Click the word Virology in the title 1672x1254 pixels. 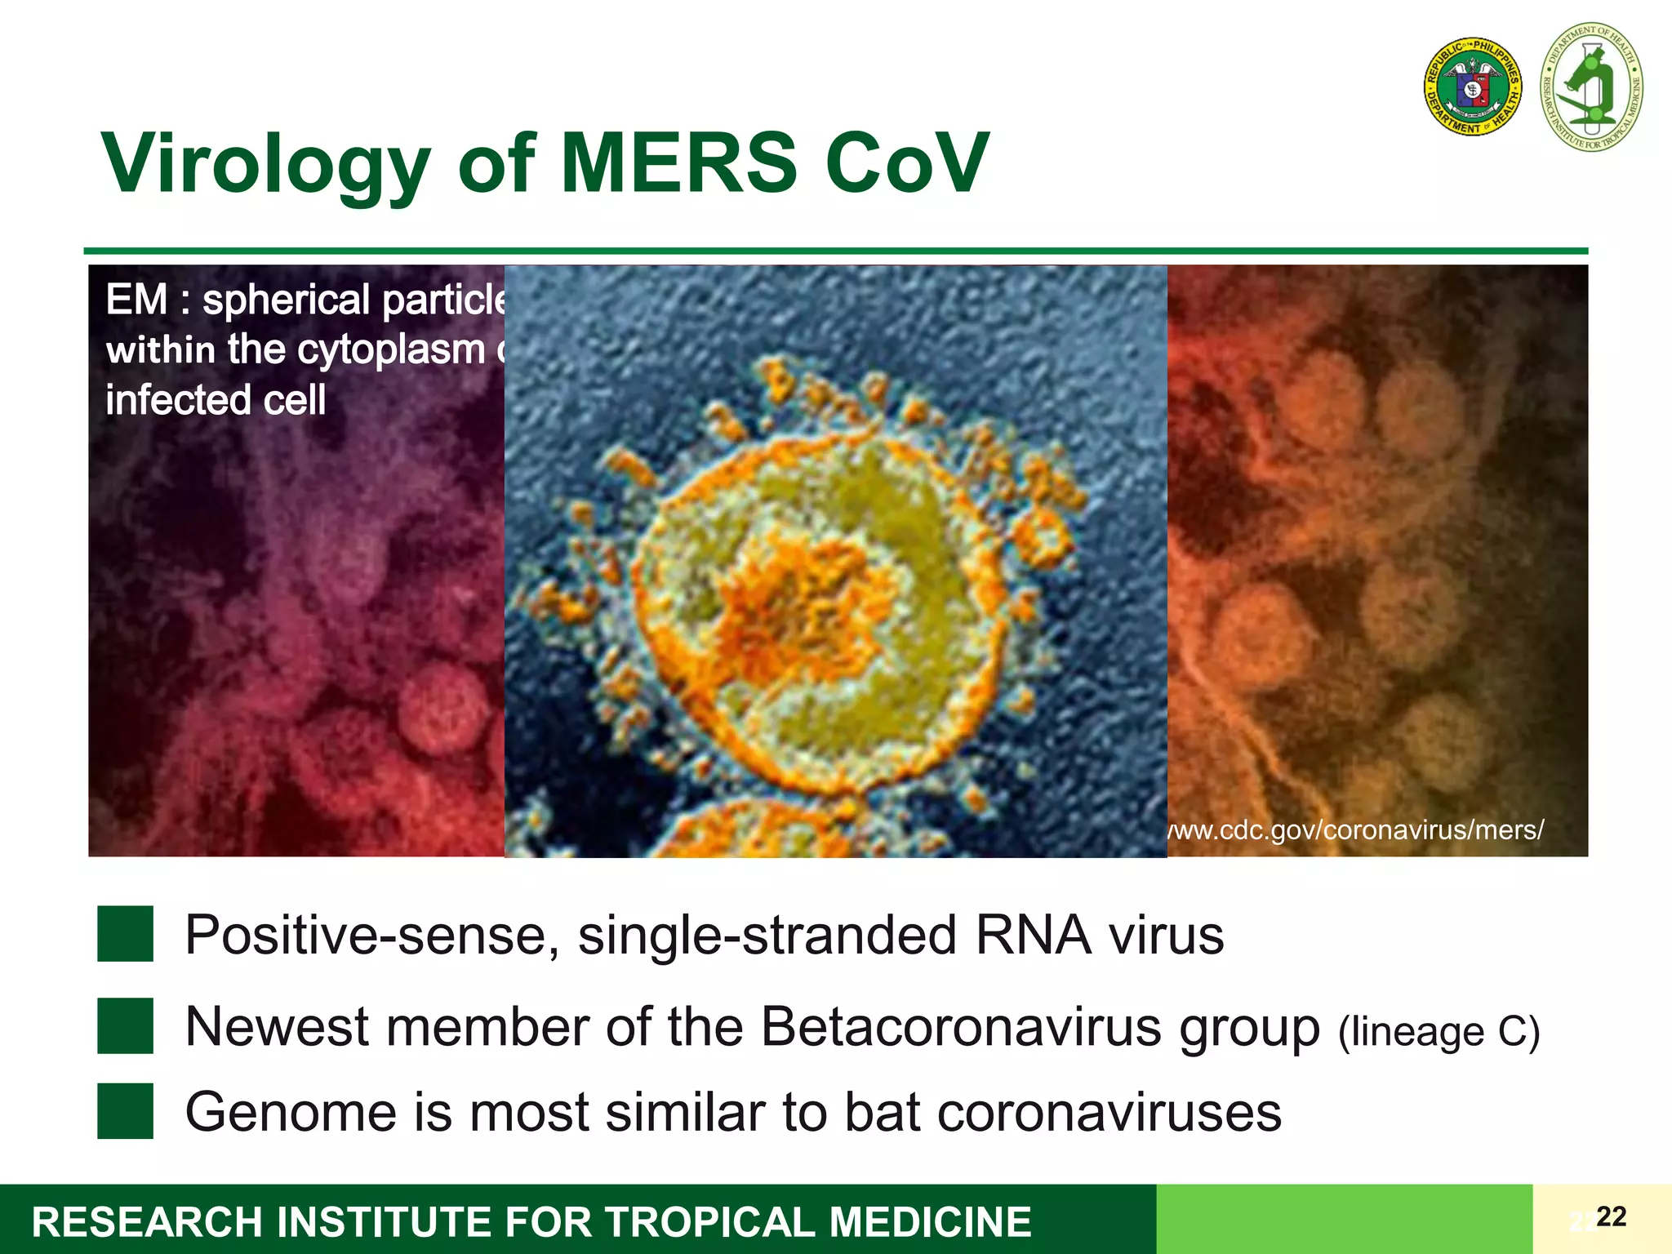tap(265, 166)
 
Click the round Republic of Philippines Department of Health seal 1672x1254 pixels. tap(1473, 87)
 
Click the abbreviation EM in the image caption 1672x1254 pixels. tap(136, 300)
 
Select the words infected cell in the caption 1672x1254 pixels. tap(216, 400)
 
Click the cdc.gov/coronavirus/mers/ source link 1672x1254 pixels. tap(1355, 829)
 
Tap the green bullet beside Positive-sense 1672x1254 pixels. tap(125, 934)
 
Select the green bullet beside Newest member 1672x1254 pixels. tap(125, 1025)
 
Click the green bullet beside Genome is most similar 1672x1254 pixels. tap(125, 1111)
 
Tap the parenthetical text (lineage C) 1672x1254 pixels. tap(1439, 1031)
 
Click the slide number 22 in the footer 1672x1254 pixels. tap(1611, 1216)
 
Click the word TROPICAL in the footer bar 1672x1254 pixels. tap(709, 1222)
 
